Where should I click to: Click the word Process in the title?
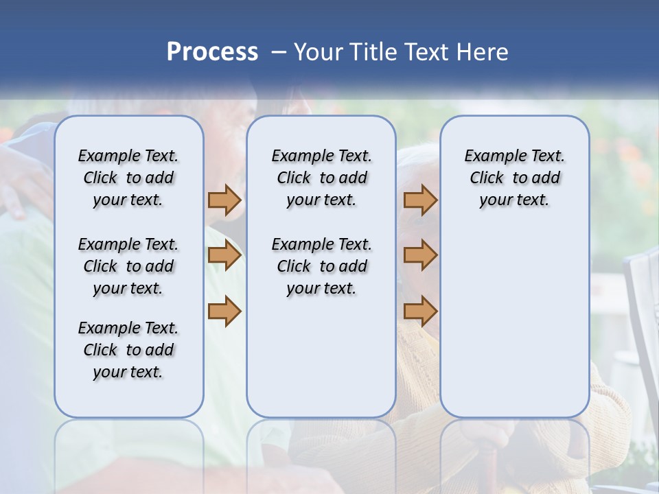[x=211, y=51]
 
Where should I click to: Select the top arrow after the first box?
[x=224, y=200]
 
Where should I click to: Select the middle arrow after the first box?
[x=224, y=256]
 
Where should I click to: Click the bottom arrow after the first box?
[x=224, y=311]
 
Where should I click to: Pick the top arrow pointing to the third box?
[x=420, y=200]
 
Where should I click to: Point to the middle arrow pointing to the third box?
[x=420, y=255]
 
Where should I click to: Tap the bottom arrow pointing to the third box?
[x=420, y=311]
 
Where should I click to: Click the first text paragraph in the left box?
[x=128, y=178]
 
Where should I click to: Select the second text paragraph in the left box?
[x=128, y=266]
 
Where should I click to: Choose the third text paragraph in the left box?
[x=128, y=350]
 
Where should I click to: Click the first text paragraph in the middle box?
[x=321, y=178]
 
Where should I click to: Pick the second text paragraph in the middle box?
[x=321, y=266]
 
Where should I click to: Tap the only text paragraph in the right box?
[x=514, y=178]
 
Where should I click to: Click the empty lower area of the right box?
[x=514, y=322]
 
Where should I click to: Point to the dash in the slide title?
[x=279, y=52]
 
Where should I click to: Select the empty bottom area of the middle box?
[x=321, y=364]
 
